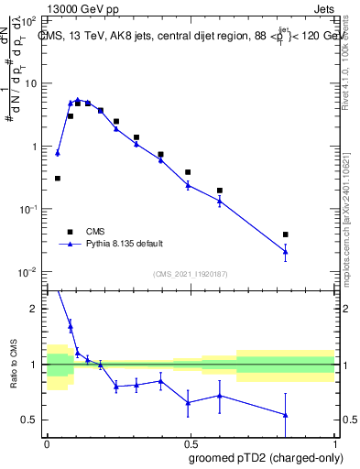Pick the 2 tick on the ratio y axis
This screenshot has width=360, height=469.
pyautogui.click(x=37, y=309)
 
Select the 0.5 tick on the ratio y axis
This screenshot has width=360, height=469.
pyautogui.click(x=32, y=420)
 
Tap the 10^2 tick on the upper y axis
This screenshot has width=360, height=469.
pyautogui.click(x=30, y=20)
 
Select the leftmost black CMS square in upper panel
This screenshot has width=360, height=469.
pyautogui.click(x=57, y=179)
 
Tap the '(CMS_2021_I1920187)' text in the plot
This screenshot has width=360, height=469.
pyautogui.click(x=190, y=274)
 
